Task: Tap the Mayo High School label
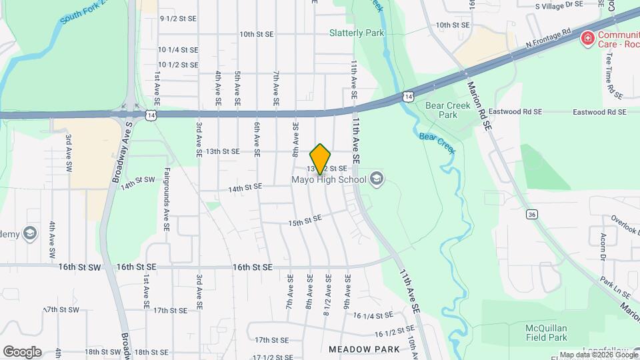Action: pos(329,179)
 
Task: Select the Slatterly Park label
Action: pos(357,32)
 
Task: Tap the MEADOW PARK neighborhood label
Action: pos(364,349)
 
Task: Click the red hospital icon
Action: pos(587,38)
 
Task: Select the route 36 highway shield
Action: pos(531,215)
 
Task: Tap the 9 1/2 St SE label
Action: pos(178,19)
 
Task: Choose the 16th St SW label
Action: pos(79,267)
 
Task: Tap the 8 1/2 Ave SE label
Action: pos(327,290)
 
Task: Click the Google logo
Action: pos(22,351)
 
